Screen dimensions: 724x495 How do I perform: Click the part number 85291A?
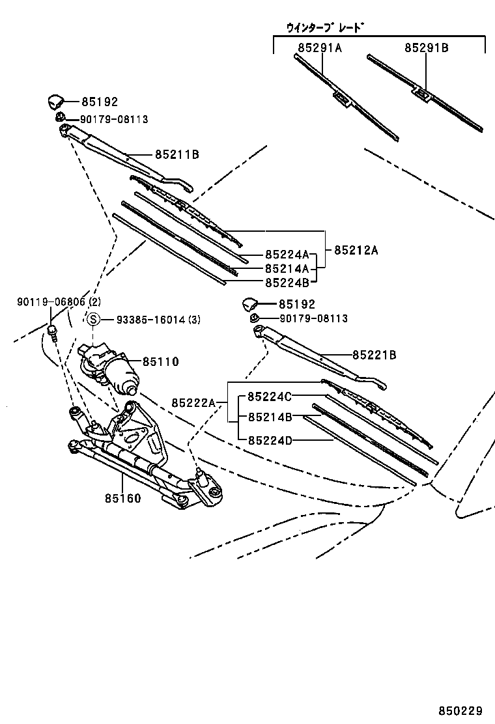pyautogui.click(x=320, y=48)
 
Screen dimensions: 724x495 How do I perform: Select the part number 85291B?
pyautogui.click(x=426, y=48)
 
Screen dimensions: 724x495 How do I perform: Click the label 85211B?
pyautogui.click(x=177, y=154)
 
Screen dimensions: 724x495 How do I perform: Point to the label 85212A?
pyautogui.click(x=356, y=249)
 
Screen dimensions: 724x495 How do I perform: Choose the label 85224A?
pyautogui.click(x=287, y=255)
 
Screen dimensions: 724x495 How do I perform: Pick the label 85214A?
pyautogui.click(x=287, y=268)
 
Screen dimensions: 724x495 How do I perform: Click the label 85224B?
pyautogui.click(x=287, y=282)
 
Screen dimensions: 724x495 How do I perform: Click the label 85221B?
pyautogui.click(x=375, y=355)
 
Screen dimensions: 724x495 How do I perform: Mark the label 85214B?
pyautogui.click(x=270, y=417)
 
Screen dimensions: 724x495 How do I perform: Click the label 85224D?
pyautogui.click(x=270, y=439)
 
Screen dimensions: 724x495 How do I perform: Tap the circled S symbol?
pyautogui.click(x=93, y=319)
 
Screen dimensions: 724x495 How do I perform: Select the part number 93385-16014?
pyautogui.click(x=148, y=319)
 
